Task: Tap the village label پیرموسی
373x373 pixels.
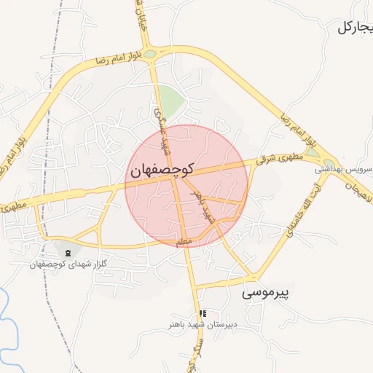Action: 265,294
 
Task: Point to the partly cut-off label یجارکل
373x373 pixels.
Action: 355,28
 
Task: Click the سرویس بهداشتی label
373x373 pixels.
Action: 343,169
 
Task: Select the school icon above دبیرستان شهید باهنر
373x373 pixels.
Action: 203,313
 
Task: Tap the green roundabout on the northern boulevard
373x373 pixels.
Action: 151,54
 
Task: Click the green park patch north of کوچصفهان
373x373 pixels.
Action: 170,101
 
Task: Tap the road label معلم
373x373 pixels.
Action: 184,240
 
